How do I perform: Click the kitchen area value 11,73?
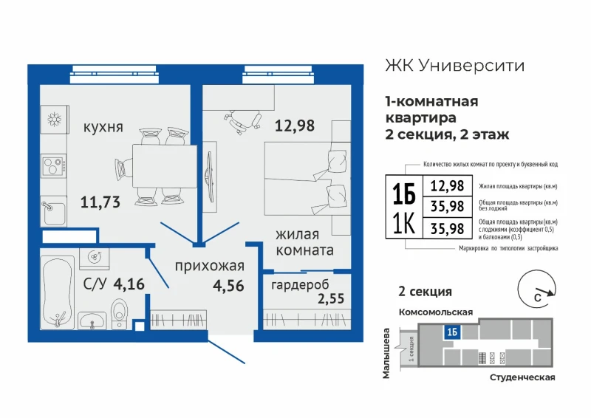(x=100, y=202)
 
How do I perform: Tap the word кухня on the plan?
(x=103, y=127)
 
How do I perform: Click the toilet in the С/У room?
(x=120, y=314)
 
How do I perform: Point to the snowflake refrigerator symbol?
(x=55, y=120)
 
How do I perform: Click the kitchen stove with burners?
(x=54, y=166)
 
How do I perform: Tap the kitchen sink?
(x=53, y=212)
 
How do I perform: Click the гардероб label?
(x=300, y=285)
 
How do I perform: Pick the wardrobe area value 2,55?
(x=331, y=298)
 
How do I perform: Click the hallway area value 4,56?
(x=228, y=286)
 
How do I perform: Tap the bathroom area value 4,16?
(x=129, y=284)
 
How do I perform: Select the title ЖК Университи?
(x=454, y=65)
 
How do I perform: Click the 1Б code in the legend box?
(x=403, y=194)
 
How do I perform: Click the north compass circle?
(x=536, y=289)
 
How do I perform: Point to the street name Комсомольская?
(x=436, y=312)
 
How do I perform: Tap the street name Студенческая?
(x=522, y=377)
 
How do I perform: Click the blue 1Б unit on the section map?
(x=452, y=332)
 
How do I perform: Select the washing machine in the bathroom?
(x=95, y=258)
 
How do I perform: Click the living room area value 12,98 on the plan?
(x=295, y=126)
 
